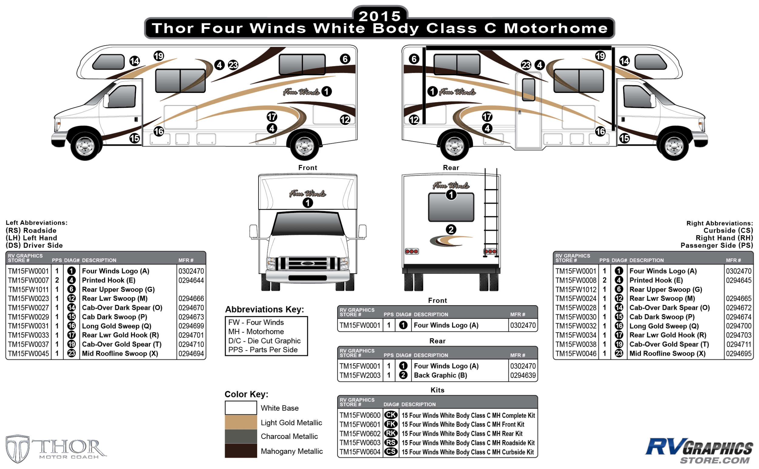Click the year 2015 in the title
(x=380, y=16)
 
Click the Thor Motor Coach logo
(x=56, y=449)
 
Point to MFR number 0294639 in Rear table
(x=523, y=375)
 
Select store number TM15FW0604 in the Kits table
(x=360, y=452)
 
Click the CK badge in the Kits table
(x=391, y=415)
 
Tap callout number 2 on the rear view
(x=451, y=230)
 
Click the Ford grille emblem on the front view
(x=308, y=263)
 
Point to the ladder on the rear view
(x=491, y=214)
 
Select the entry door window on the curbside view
(x=528, y=90)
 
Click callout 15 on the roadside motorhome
(x=134, y=138)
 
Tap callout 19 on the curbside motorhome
(x=600, y=56)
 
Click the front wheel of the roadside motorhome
(x=85, y=146)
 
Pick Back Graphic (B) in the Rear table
(x=440, y=375)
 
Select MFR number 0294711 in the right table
(x=739, y=344)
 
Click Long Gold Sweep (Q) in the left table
(x=116, y=326)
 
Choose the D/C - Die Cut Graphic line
(x=264, y=341)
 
